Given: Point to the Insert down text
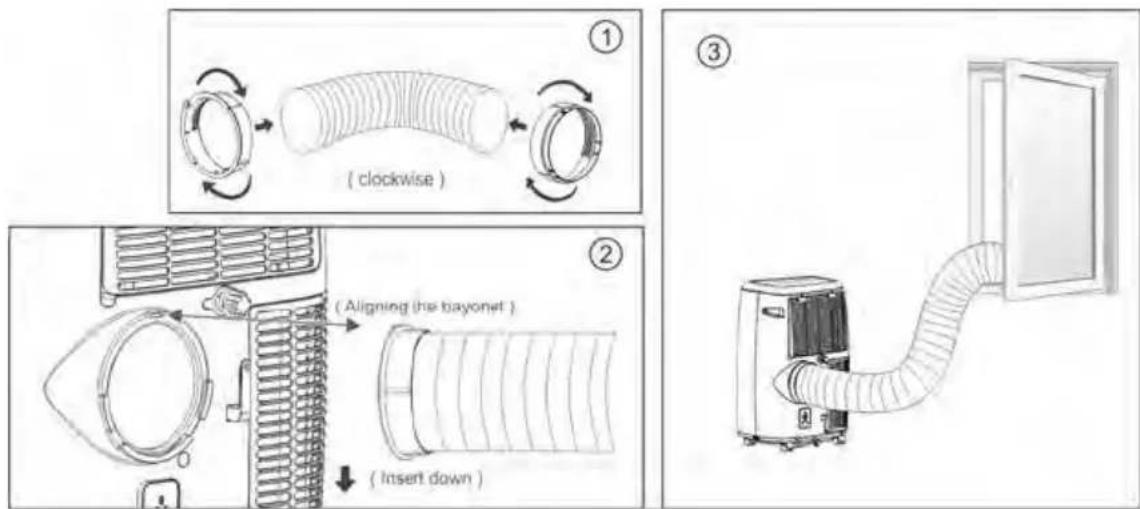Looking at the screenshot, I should tap(428, 479).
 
